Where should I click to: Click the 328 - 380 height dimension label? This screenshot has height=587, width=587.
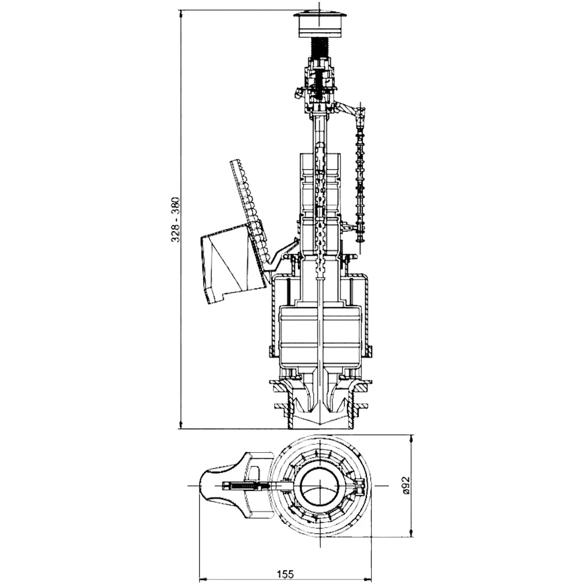(x=175, y=220)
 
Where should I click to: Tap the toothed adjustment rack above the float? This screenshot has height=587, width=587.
(x=249, y=210)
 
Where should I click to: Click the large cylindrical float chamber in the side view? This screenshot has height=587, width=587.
(x=320, y=333)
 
